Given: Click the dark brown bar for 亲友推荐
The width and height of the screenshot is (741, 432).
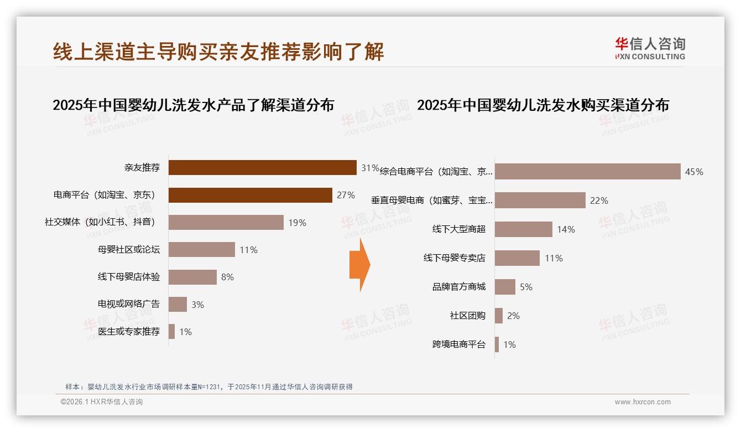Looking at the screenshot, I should (x=262, y=167).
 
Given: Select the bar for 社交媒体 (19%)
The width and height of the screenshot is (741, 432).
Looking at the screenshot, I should (x=226, y=222).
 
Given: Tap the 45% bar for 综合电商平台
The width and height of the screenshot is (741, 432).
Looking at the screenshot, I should (x=587, y=172).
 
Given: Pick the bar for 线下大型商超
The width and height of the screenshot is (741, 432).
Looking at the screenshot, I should (x=523, y=229).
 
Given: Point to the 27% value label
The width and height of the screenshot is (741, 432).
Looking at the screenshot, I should (x=346, y=195).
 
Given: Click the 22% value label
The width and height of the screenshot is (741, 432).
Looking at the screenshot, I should (x=599, y=200).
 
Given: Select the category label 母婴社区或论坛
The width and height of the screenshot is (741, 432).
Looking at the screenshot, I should (x=129, y=250).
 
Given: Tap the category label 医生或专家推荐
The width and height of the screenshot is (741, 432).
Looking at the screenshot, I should (x=129, y=332).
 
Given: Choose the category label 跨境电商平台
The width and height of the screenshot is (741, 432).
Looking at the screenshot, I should (x=459, y=344).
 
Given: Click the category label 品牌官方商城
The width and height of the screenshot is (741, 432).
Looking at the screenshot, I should (x=459, y=287).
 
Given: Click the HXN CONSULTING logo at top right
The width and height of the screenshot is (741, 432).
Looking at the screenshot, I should (x=650, y=49).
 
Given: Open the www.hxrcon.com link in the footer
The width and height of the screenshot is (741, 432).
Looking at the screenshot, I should (x=643, y=402).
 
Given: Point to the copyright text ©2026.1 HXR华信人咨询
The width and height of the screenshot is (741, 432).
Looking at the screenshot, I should (x=102, y=402).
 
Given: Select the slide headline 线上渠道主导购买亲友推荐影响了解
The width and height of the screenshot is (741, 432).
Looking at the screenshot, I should (x=218, y=52).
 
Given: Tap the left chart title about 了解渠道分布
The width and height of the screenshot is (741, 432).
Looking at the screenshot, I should (x=193, y=105).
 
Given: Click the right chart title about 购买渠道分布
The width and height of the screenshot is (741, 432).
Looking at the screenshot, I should (x=542, y=105).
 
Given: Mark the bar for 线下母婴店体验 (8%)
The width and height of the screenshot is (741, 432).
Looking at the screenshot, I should (x=192, y=277).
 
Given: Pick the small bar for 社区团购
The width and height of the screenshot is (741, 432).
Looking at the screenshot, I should (x=499, y=316).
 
